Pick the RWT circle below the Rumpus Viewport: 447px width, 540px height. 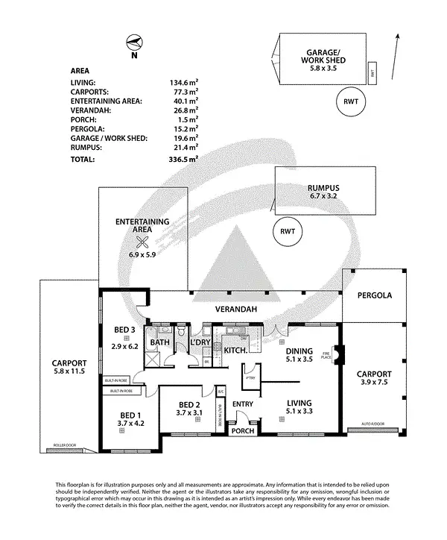pyautogui.click(x=288, y=230)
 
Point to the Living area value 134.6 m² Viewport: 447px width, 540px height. pyautogui.click(x=184, y=83)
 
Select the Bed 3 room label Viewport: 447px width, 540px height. pyautogui.click(x=124, y=331)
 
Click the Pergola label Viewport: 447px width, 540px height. pyautogui.click(x=375, y=295)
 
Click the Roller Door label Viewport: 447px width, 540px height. pyautogui.click(x=66, y=446)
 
